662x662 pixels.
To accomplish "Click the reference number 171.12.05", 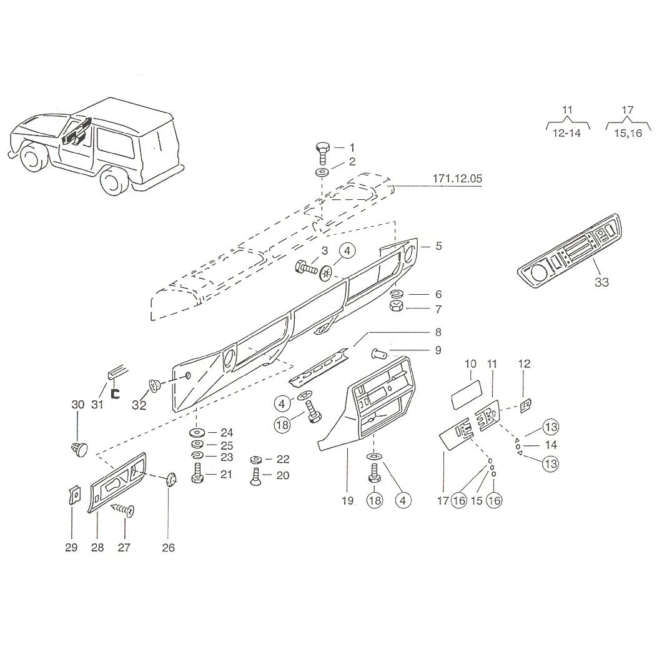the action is [x=457, y=179].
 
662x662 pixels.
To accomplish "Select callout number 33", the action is [x=601, y=282].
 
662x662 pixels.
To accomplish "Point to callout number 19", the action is [x=347, y=501].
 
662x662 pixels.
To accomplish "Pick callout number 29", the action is [x=71, y=548].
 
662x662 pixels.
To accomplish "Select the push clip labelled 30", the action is [x=78, y=448].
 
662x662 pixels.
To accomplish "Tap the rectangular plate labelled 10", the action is [x=467, y=394].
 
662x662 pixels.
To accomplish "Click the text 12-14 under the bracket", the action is [x=566, y=134].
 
